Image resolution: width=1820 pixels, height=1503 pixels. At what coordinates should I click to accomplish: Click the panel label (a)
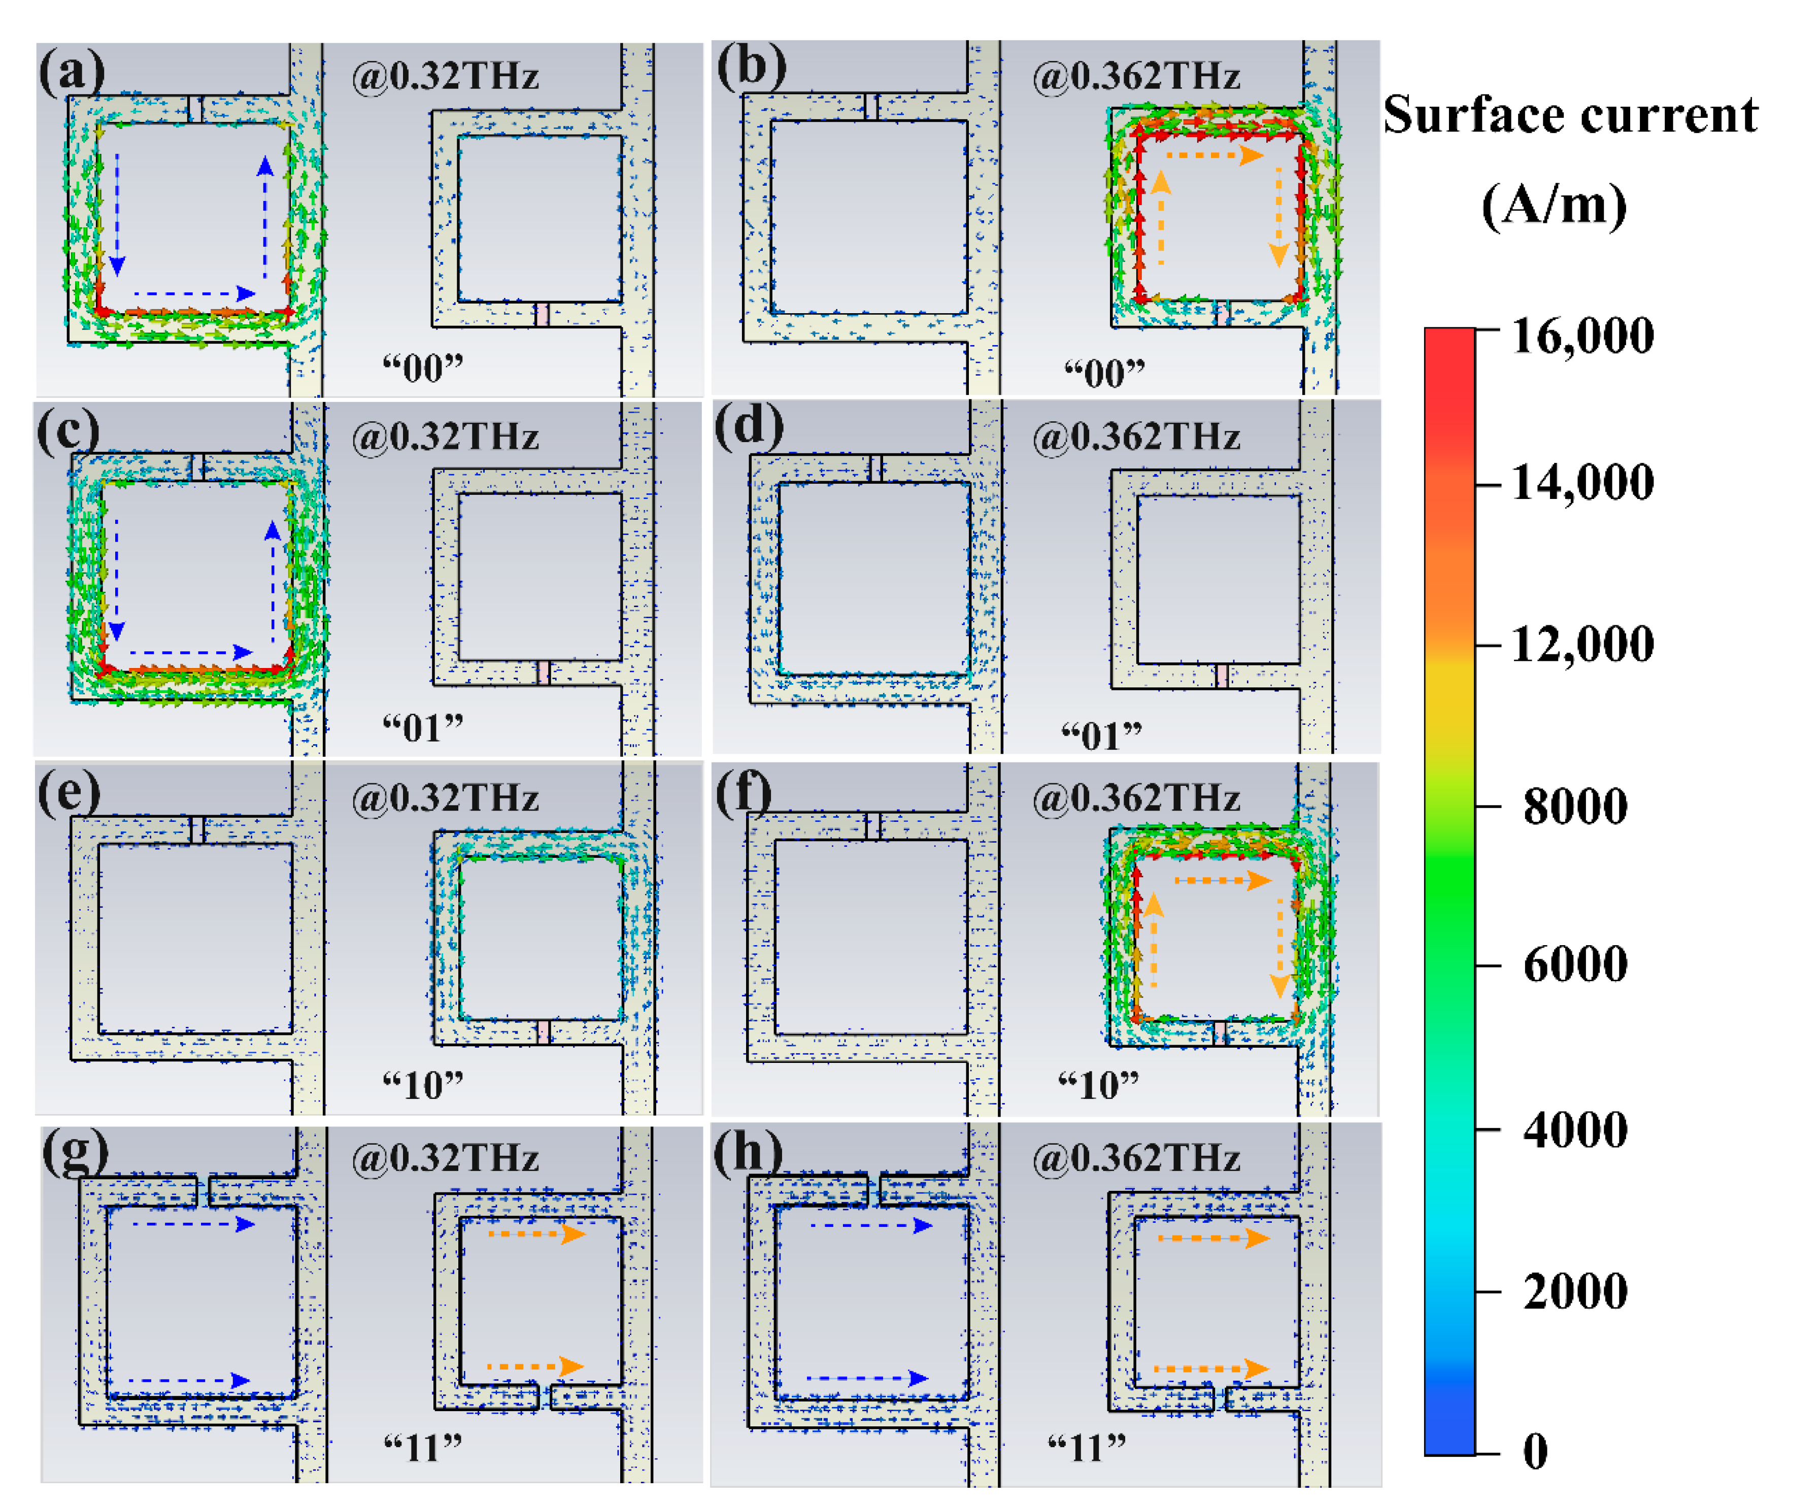click(71, 71)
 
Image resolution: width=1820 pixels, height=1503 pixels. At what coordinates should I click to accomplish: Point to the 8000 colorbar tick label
click(1574, 806)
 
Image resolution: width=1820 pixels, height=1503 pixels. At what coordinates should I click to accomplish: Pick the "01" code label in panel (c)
click(423, 728)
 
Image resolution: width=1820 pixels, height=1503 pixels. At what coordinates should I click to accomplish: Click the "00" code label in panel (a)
click(423, 369)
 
